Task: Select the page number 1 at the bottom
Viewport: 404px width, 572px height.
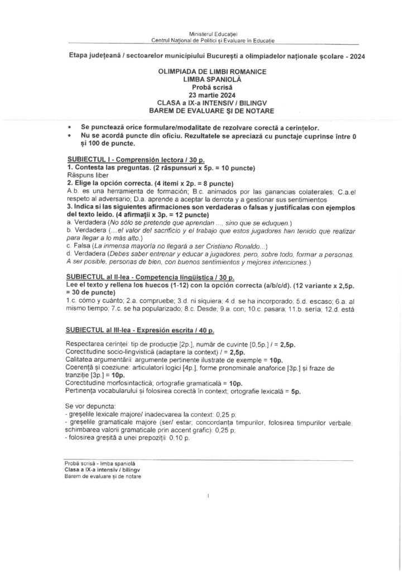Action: (207, 495)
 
